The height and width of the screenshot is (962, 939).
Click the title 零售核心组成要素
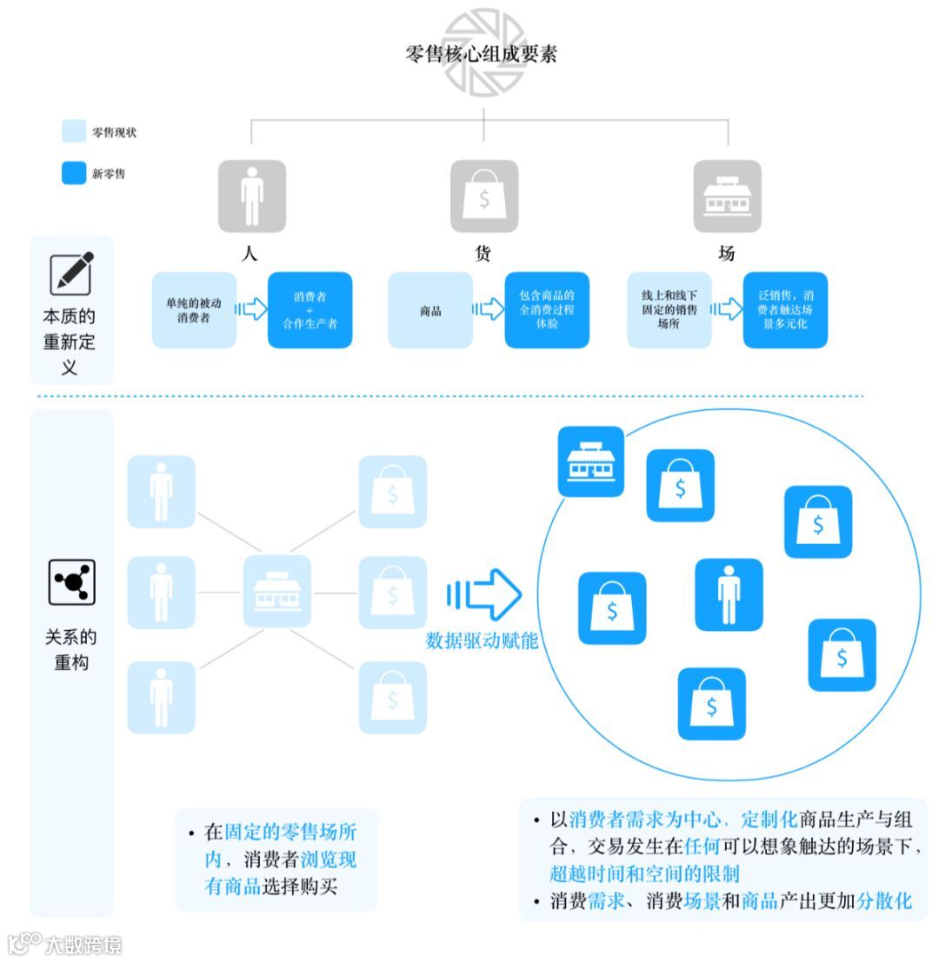click(x=481, y=54)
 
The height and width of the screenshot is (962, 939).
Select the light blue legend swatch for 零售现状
click(x=74, y=132)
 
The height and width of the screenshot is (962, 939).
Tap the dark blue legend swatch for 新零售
click(x=74, y=173)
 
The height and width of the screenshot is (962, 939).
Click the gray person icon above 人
click(x=251, y=196)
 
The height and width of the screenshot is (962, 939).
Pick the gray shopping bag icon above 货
click(x=483, y=196)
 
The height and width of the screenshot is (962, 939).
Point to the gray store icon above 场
click(x=727, y=196)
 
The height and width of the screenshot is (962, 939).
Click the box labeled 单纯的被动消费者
click(x=194, y=310)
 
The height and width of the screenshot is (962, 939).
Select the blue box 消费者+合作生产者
click(x=310, y=310)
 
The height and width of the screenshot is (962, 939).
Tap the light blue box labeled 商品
click(x=430, y=310)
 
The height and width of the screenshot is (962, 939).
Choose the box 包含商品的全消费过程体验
click(x=547, y=310)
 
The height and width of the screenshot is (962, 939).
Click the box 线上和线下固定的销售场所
click(x=669, y=310)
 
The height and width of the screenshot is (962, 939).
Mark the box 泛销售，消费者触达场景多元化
click(x=785, y=310)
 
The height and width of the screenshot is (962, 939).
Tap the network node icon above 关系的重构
click(x=71, y=581)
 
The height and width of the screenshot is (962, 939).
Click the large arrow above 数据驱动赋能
click(x=484, y=594)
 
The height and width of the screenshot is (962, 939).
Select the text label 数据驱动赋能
click(x=482, y=642)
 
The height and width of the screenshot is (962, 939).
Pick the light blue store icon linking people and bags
click(x=276, y=592)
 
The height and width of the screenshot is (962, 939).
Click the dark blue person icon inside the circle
click(x=729, y=594)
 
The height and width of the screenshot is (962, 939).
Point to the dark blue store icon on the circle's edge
click(x=590, y=461)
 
